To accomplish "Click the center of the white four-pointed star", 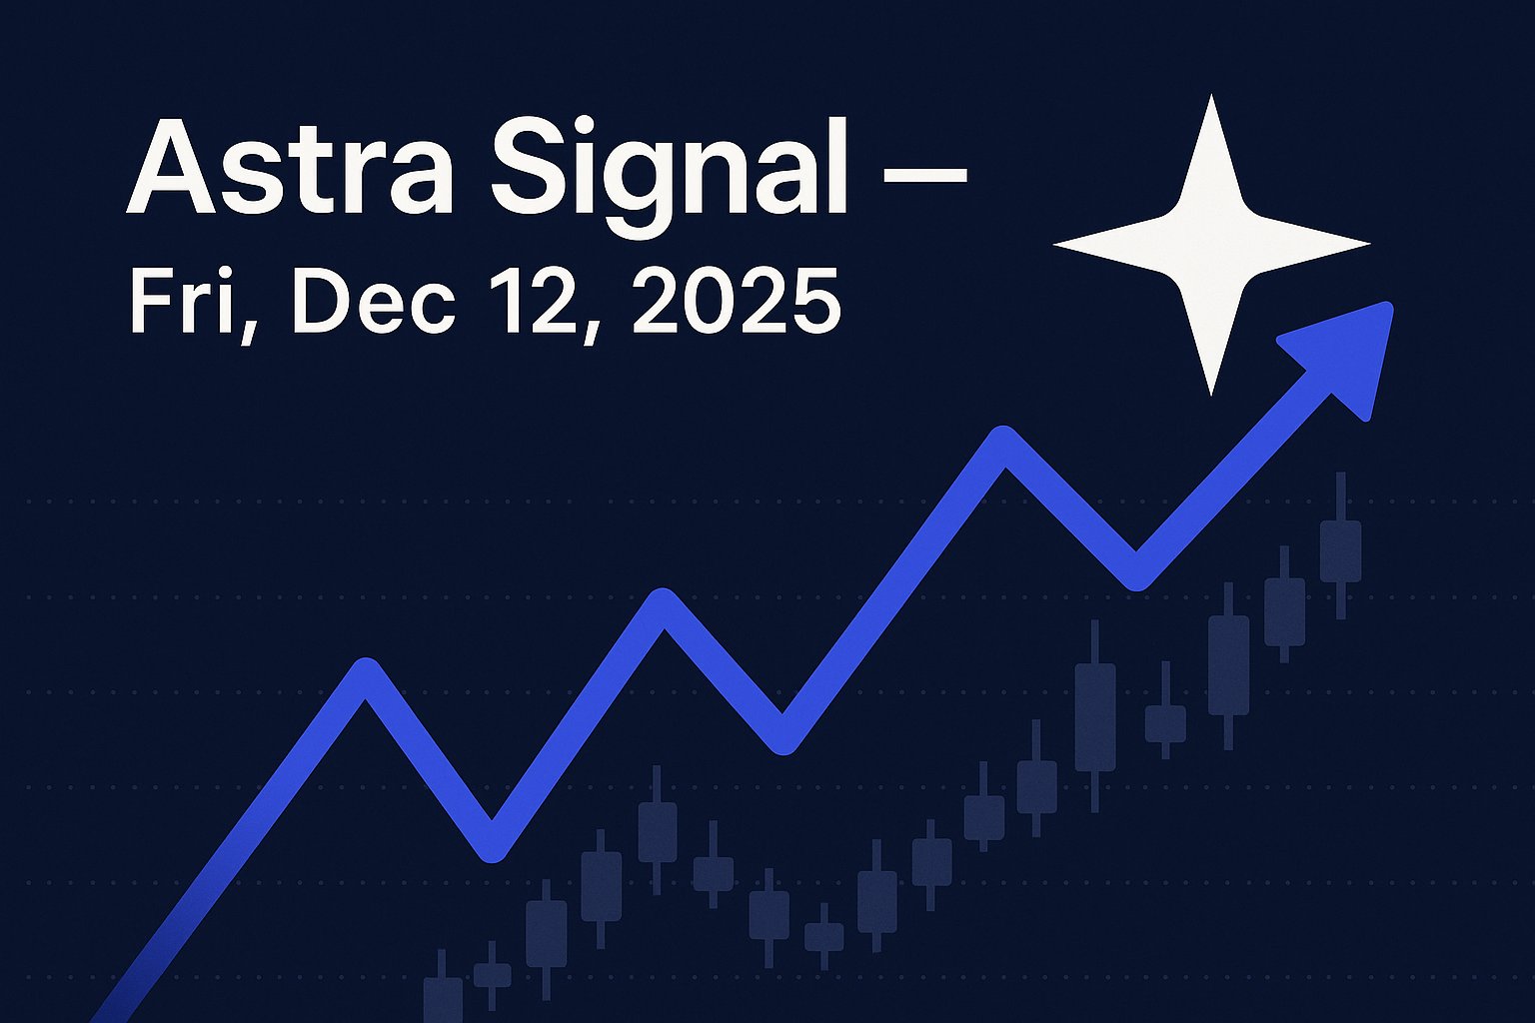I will click(1211, 244).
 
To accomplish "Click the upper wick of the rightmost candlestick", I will click(1340, 496).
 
